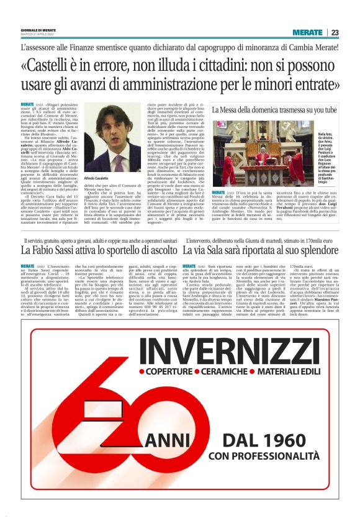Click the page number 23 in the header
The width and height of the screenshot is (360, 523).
click(x=334, y=32)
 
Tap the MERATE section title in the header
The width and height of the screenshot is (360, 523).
click(x=307, y=32)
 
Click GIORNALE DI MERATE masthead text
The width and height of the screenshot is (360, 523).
click(x=38, y=30)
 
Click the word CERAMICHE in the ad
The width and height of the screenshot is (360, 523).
click(x=224, y=356)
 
